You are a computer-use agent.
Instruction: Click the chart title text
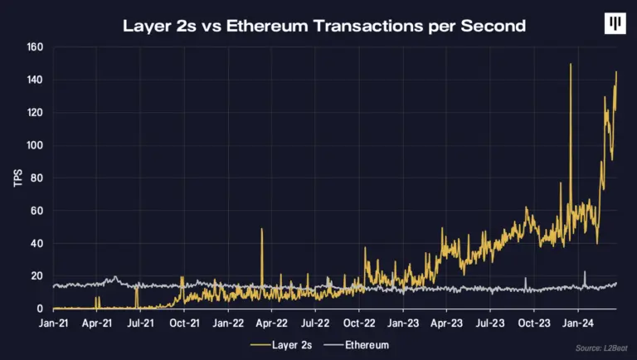tap(324, 25)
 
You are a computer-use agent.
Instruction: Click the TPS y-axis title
tap(17, 178)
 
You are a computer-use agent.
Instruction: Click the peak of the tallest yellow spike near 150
tap(571, 65)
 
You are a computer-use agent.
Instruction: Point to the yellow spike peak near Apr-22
tap(261, 229)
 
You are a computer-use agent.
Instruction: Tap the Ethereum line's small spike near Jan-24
tap(585, 272)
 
